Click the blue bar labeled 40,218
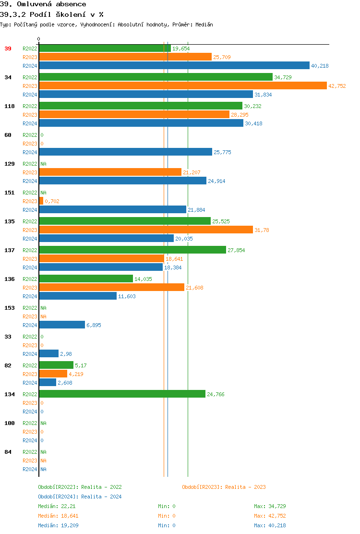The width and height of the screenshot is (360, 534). pyautogui.click(x=174, y=65)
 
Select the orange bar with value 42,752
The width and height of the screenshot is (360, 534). pyautogui.click(x=183, y=85)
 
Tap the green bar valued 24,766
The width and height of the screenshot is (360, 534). pyautogui.click(x=122, y=394)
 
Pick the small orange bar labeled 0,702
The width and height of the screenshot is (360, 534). pyautogui.click(x=41, y=201)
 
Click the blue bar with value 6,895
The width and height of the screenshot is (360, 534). pyautogui.click(x=62, y=325)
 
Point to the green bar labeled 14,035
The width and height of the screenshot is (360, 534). pyautogui.click(x=86, y=279)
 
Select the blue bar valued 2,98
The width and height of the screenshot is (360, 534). pyautogui.click(x=49, y=353)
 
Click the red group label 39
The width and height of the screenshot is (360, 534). pyautogui.click(x=8, y=49)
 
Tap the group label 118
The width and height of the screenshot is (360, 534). pyautogui.click(x=9, y=106)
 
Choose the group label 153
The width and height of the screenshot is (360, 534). pyautogui.click(x=9, y=308)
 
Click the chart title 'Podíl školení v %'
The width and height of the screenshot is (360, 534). pyautogui.click(x=52, y=14)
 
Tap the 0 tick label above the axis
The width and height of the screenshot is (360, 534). pyautogui.click(x=39, y=39)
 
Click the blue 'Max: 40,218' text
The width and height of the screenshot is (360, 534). pyautogui.click(x=270, y=525)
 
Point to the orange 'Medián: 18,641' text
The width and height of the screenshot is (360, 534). pyautogui.click(x=58, y=516)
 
